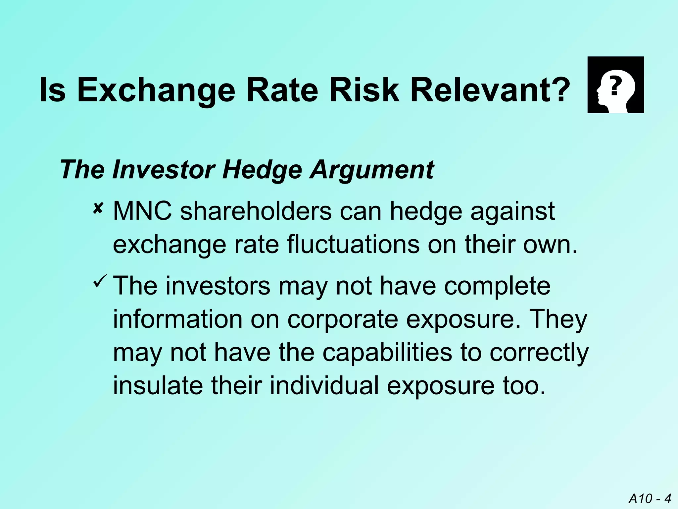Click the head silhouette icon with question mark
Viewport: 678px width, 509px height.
[615, 85]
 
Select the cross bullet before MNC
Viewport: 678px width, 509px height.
[98, 209]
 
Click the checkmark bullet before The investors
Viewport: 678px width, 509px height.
[100, 281]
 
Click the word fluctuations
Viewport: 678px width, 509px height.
[353, 245]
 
